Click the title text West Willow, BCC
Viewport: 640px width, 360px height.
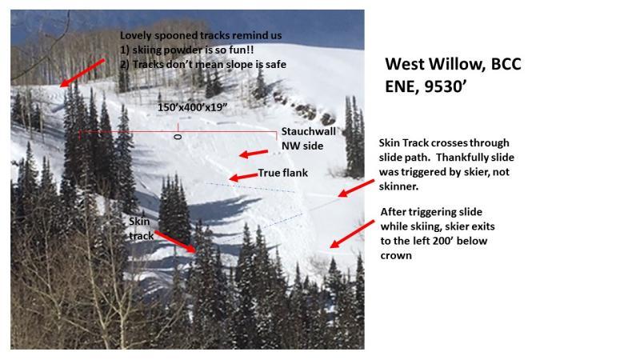(x=453, y=64)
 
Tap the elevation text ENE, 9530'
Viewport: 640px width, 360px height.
(x=426, y=86)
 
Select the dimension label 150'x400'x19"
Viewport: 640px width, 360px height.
(x=192, y=107)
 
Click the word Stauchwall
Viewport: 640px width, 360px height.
(x=309, y=131)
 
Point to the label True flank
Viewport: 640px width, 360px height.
(x=283, y=173)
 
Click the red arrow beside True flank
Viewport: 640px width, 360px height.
(x=243, y=177)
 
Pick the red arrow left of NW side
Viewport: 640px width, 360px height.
(x=254, y=154)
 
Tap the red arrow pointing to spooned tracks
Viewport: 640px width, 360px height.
(x=82, y=73)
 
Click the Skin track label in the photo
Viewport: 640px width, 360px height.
(x=142, y=229)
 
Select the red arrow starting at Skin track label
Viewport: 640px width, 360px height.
(x=175, y=242)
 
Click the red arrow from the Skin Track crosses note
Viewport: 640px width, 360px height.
(x=356, y=188)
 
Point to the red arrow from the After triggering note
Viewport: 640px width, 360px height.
(x=352, y=234)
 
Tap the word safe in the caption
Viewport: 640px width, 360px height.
(x=275, y=64)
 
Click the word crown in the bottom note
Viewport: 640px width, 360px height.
(x=396, y=256)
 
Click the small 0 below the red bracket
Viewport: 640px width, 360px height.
(x=178, y=137)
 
